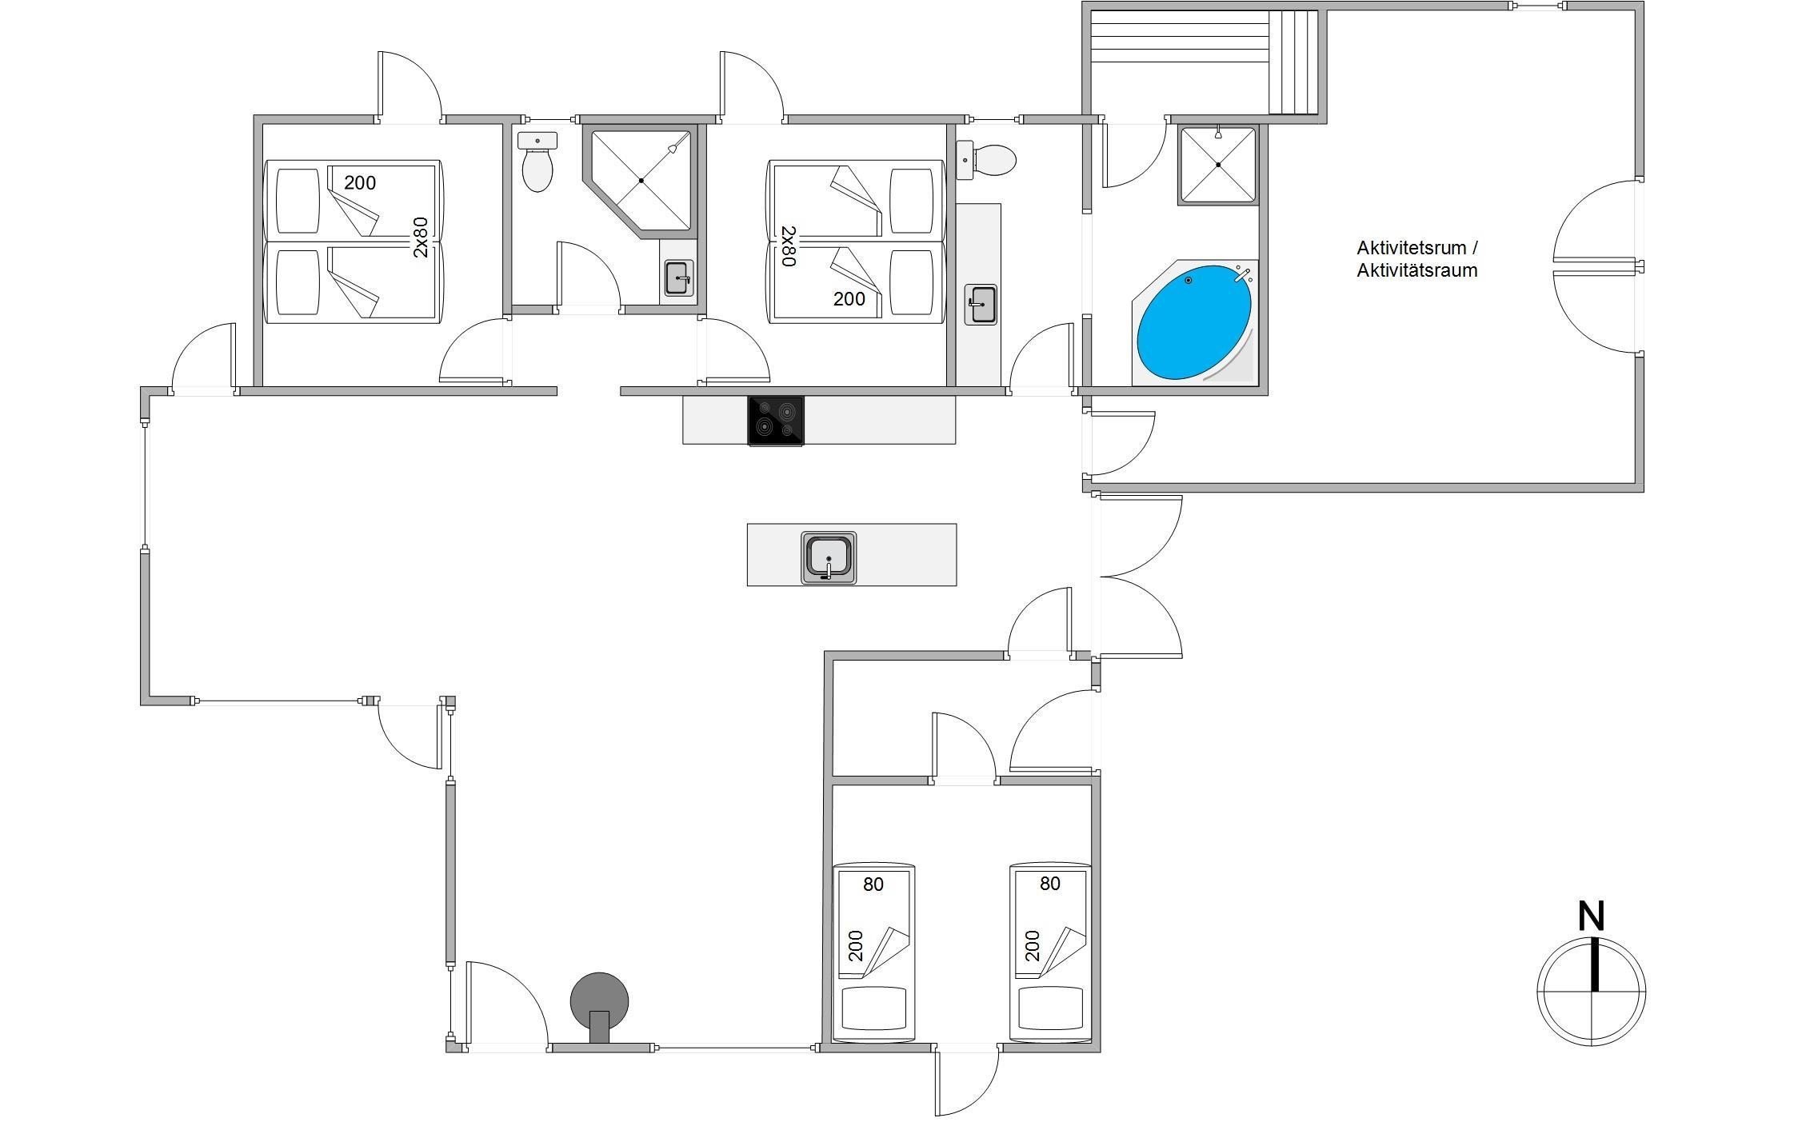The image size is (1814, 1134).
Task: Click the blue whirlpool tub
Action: (1195, 322)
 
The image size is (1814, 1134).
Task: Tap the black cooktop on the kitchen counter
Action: (776, 421)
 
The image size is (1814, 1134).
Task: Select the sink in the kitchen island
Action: (829, 557)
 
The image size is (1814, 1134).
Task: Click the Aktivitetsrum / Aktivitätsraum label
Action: (1417, 259)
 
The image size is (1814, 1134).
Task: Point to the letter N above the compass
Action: (1591, 916)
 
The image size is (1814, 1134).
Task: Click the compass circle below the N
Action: (1591, 992)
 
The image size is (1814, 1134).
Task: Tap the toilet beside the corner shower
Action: (537, 162)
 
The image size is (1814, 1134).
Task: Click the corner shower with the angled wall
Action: (641, 182)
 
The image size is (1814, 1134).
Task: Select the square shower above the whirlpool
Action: (1218, 165)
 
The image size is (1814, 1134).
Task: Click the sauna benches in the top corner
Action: (1204, 62)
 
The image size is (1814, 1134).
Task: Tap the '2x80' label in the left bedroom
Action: (421, 238)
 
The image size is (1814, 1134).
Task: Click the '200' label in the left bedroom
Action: (360, 183)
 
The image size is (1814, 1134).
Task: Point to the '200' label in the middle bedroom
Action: (849, 299)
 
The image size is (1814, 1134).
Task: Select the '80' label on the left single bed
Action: (873, 884)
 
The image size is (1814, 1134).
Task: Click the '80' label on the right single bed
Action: (1050, 884)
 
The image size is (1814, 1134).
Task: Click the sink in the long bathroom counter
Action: (981, 305)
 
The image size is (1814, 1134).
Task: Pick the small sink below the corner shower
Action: (679, 278)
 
